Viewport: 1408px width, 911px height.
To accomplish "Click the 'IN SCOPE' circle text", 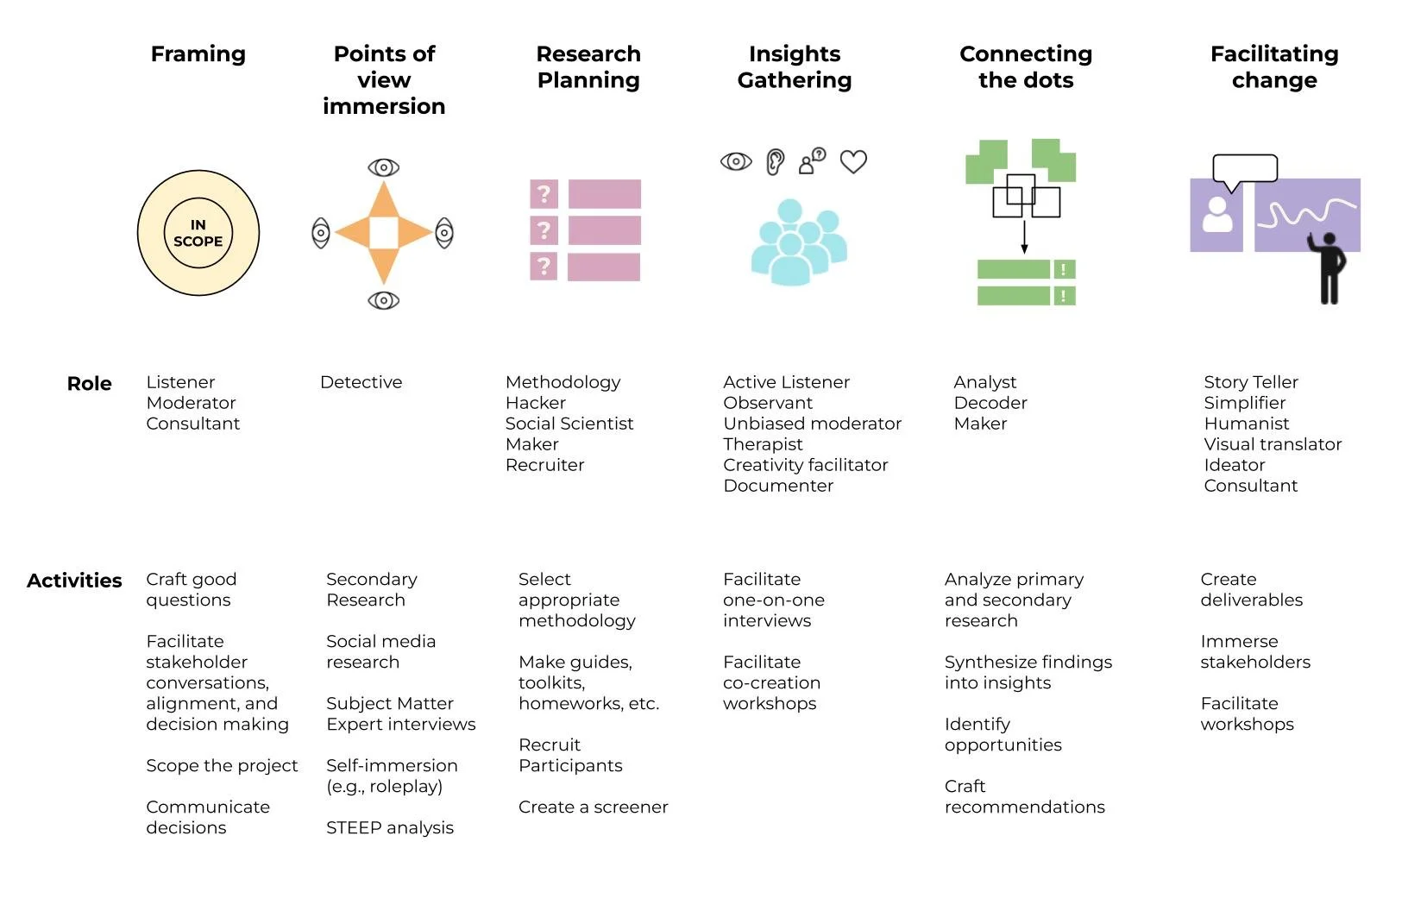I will [198, 233].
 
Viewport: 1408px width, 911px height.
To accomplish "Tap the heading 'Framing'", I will [198, 54].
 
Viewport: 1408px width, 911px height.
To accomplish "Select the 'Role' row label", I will [89, 384].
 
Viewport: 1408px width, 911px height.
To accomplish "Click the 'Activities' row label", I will [74, 581].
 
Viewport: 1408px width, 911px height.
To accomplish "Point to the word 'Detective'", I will [361, 382].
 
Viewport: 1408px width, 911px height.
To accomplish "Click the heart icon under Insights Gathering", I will [853, 161].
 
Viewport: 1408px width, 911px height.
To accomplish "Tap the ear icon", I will [775, 161].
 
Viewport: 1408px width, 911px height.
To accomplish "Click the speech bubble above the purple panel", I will [1244, 170].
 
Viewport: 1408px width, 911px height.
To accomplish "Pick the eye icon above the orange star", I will [384, 167].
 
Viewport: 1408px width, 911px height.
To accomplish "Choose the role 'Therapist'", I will [763, 444].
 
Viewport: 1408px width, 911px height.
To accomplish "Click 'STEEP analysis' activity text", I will [390, 828].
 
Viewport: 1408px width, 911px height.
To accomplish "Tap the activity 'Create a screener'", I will [593, 807].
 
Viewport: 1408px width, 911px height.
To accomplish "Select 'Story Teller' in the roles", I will [1250, 382].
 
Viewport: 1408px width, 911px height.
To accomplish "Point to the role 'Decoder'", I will [990, 403].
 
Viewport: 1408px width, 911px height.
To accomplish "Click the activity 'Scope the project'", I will [222, 766].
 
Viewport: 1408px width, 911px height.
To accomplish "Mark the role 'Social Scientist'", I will [569, 424].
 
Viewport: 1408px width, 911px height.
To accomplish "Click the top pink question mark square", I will [544, 194].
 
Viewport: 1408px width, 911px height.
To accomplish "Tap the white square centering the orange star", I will [384, 233].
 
